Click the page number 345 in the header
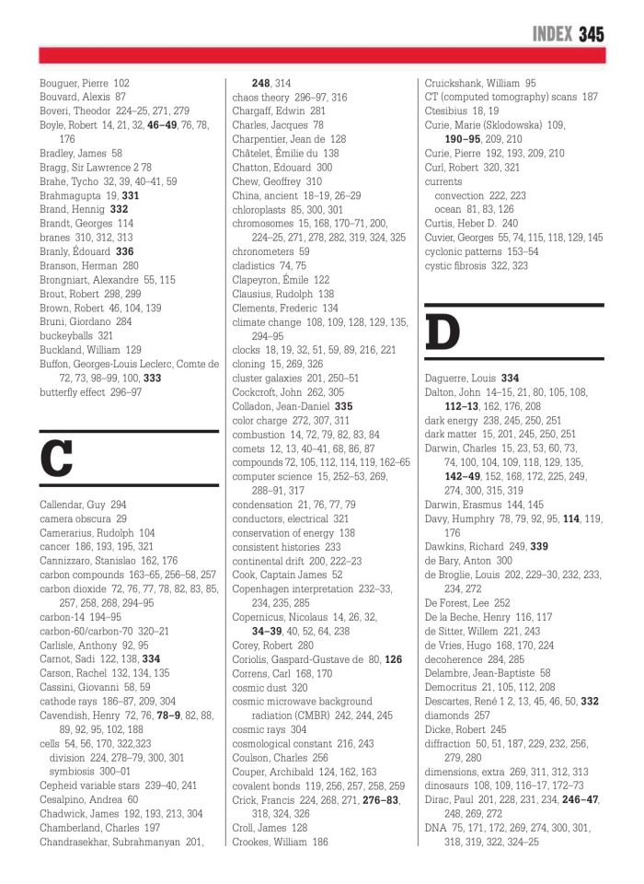coord(592,35)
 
